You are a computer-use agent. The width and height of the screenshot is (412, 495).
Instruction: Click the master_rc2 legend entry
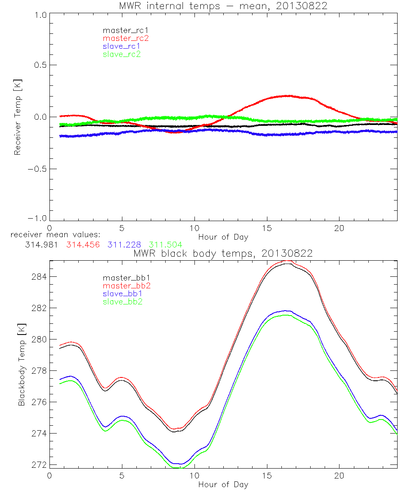tap(126, 38)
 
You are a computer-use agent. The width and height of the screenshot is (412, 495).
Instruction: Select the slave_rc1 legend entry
tap(122, 46)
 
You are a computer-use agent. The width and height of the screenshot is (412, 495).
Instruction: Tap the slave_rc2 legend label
tap(122, 54)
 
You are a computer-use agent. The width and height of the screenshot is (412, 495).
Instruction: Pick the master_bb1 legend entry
tap(126, 278)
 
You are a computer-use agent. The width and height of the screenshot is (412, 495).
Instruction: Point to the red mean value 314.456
tap(83, 245)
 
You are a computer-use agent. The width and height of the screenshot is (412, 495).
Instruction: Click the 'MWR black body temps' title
tap(223, 253)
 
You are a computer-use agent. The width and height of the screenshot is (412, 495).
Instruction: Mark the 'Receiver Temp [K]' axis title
tap(17, 117)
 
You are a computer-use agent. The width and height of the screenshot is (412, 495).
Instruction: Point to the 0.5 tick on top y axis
tap(40, 65)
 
